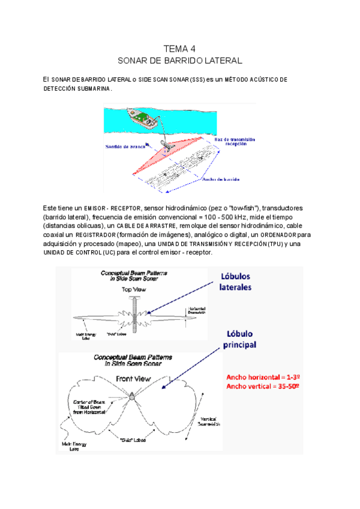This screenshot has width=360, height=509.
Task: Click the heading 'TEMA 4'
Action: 179,49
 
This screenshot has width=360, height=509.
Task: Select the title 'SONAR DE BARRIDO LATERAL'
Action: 179,61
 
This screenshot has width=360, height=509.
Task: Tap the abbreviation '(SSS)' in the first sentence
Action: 197,80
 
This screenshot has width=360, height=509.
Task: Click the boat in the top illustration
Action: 143,118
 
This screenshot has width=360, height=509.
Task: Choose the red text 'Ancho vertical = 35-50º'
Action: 263,386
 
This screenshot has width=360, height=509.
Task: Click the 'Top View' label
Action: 135,289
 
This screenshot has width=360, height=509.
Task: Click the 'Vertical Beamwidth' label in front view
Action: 206,420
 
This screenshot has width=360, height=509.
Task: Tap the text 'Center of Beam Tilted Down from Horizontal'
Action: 91,407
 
